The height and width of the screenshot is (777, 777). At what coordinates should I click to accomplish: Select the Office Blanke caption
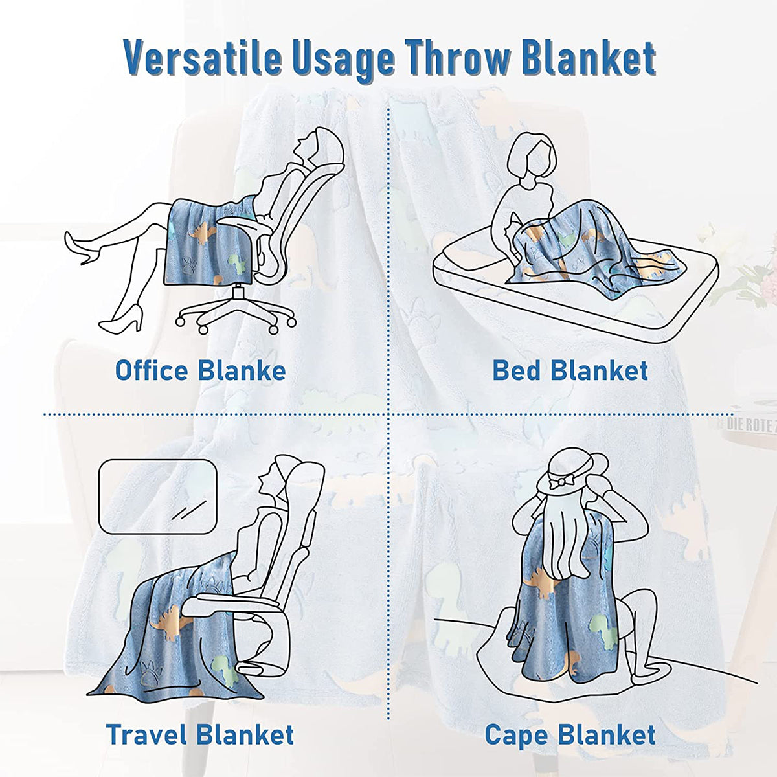(x=200, y=371)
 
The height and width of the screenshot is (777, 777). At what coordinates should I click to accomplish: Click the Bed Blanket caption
(x=570, y=370)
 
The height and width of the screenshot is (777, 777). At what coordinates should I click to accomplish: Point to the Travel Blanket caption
(x=200, y=735)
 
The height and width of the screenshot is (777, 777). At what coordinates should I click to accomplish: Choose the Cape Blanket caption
(x=570, y=736)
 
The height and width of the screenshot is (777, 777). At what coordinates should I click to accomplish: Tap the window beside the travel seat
(x=157, y=497)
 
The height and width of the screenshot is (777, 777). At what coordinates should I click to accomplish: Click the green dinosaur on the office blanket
(x=237, y=264)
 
